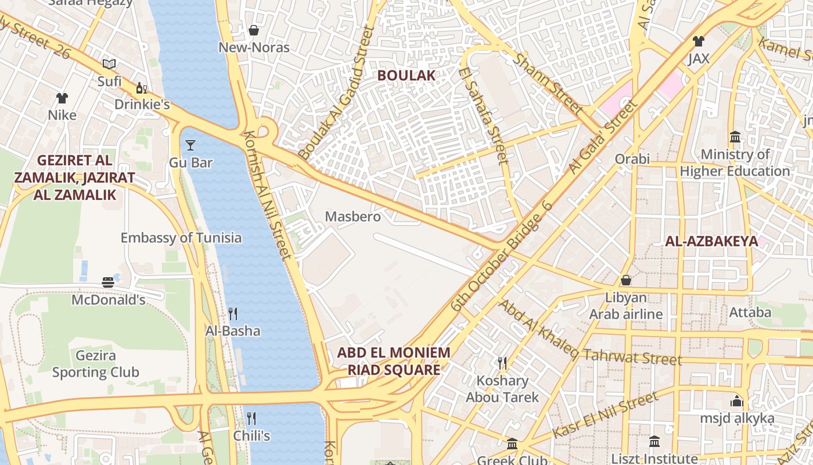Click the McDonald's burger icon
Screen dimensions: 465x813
pos(108,282)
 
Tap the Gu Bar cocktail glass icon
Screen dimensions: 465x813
pos(190,145)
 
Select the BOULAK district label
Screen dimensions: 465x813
pos(406,76)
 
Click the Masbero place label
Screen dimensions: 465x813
pos(352,217)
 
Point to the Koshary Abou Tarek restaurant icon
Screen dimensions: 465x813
pos(502,363)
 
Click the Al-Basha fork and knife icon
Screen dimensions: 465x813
pos(233,314)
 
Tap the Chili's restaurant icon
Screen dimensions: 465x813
pos(251,418)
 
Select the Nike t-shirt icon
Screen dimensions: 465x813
pos(62,98)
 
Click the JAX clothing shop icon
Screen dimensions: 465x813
pos(699,41)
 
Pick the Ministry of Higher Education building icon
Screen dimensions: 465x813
pos(735,137)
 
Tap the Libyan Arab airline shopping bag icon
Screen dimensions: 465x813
pos(626,280)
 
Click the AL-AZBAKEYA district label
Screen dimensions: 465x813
pos(711,241)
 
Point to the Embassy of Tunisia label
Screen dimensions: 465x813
pos(181,238)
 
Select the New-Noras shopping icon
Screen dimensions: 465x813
pos(254,30)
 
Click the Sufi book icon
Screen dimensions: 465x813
pos(109,64)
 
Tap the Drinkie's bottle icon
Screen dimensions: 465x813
pos(141,88)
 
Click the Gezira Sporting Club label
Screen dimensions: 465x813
pos(96,364)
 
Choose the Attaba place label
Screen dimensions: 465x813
pos(750,313)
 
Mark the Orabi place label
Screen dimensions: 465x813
pos(632,159)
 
